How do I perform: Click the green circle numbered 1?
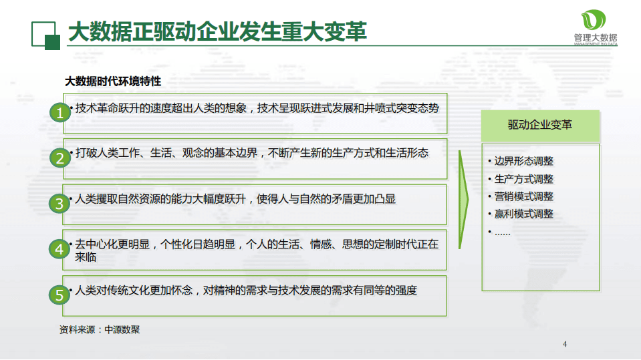pyautogui.click(x=59, y=113)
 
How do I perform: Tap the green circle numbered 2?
pyautogui.click(x=59, y=158)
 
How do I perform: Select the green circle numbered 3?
pyautogui.click(x=59, y=203)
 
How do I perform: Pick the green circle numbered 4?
pyautogui.click(x=59, y=248)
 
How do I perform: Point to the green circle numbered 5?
pyautogui.click(x=59, y=294)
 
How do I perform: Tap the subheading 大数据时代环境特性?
pyautogui.click(x=112, y=81)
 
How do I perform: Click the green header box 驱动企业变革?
pyautogui.click(x=539, y=125)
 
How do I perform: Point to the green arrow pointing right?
pyautogui.click(x=463, y=200)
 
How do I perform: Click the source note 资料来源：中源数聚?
pyautogui.click(x=100, y=329)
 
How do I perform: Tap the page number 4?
pyautogui.click(x=565, y=345)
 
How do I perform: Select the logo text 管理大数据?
pyautogui.click(x=596, y=38)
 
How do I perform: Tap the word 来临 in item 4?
pyautogui.click(x=86, y=256)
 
